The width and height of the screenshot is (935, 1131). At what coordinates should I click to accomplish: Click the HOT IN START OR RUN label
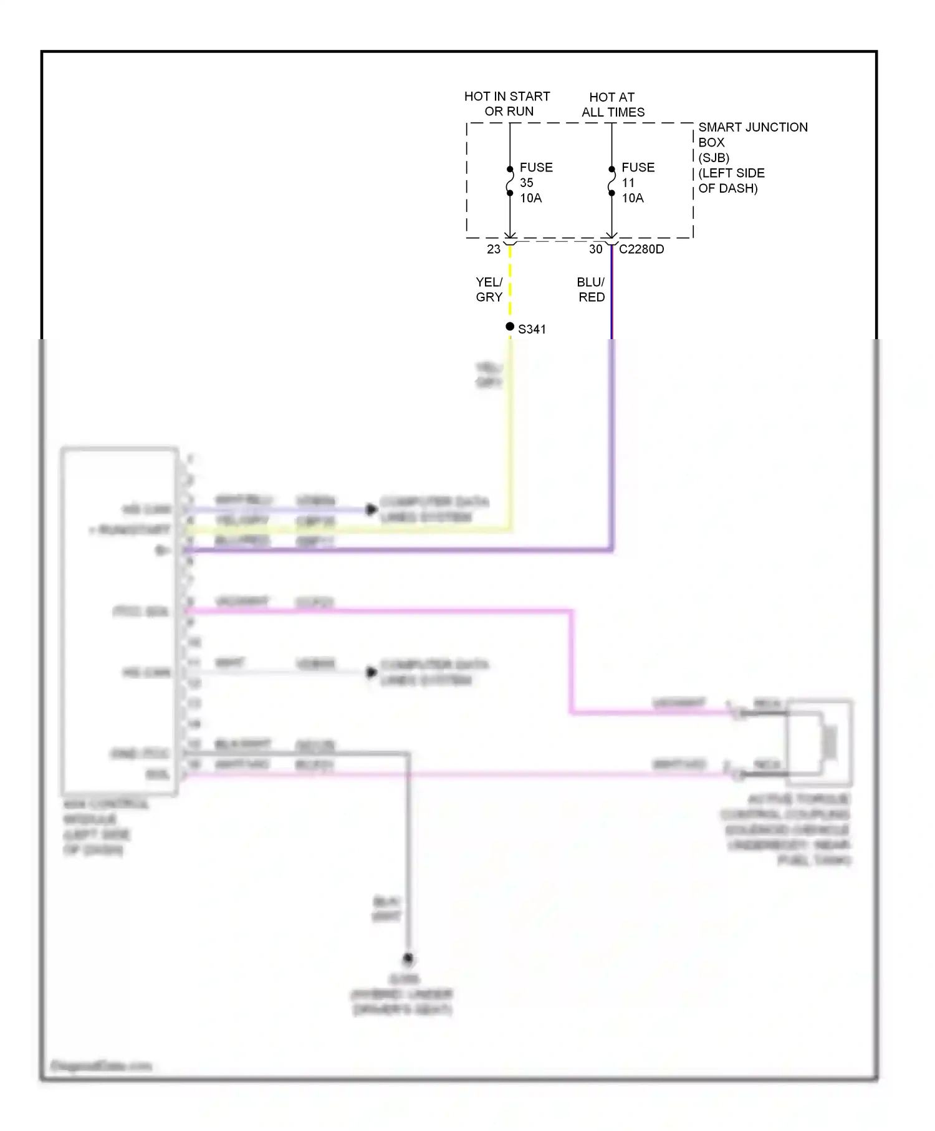507,104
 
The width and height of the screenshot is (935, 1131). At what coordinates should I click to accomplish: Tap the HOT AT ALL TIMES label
613,105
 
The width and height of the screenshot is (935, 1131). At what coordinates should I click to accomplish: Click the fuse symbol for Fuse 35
510,181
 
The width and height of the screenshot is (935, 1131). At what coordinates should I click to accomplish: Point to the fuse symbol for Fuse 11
611,181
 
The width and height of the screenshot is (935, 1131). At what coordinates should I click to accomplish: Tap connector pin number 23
494,249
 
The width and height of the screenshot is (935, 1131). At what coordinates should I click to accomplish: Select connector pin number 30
595,249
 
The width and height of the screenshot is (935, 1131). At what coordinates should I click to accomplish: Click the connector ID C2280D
641,249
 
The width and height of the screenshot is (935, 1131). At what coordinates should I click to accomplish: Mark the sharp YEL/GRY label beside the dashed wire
489,290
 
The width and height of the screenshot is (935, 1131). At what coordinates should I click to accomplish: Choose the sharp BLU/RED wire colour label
591,290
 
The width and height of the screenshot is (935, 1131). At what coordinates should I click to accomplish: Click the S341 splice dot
510,327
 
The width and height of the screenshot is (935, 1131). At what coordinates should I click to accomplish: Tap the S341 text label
532,329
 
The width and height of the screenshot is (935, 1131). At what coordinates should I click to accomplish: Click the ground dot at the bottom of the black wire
408,958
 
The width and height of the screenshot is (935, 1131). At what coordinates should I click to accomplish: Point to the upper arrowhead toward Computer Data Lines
372,509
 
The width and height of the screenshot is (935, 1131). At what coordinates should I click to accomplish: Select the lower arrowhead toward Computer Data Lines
372,672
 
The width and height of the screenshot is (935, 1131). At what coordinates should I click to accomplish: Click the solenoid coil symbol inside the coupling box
830,742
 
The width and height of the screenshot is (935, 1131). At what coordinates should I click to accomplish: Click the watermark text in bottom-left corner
100,1066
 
